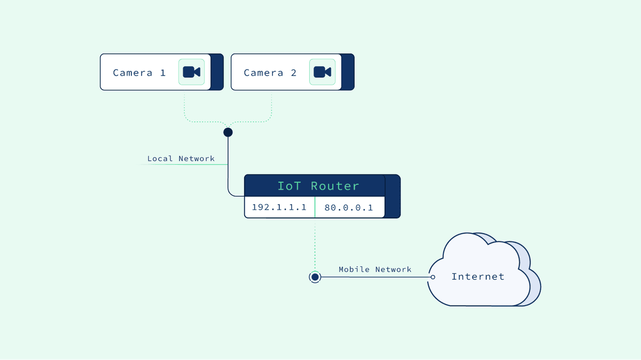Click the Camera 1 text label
(x=139, y=73)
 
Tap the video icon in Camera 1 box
(x=191, y=72)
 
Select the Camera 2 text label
(x=270, y=73)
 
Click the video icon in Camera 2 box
(x=322, y=72)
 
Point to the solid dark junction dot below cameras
(x=228, y=132)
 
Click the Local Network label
(x=181, y=159)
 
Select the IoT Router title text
(x=318, y=186)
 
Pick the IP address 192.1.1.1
(x=279, y=207)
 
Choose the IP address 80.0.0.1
(x=348, y=207)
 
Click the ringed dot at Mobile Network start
(x=315, y=277)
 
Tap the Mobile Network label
(x=375, y=269)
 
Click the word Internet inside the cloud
(x=478, y=277)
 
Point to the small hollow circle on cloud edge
(x=433, y=277)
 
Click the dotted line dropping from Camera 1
(x=184, y=107)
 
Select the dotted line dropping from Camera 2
(x=272, y=107)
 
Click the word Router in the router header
(x=335, y=186)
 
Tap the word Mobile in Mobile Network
(x=354, y=269)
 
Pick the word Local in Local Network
(x=160, y=159)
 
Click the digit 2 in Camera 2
(x=293, y=73)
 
